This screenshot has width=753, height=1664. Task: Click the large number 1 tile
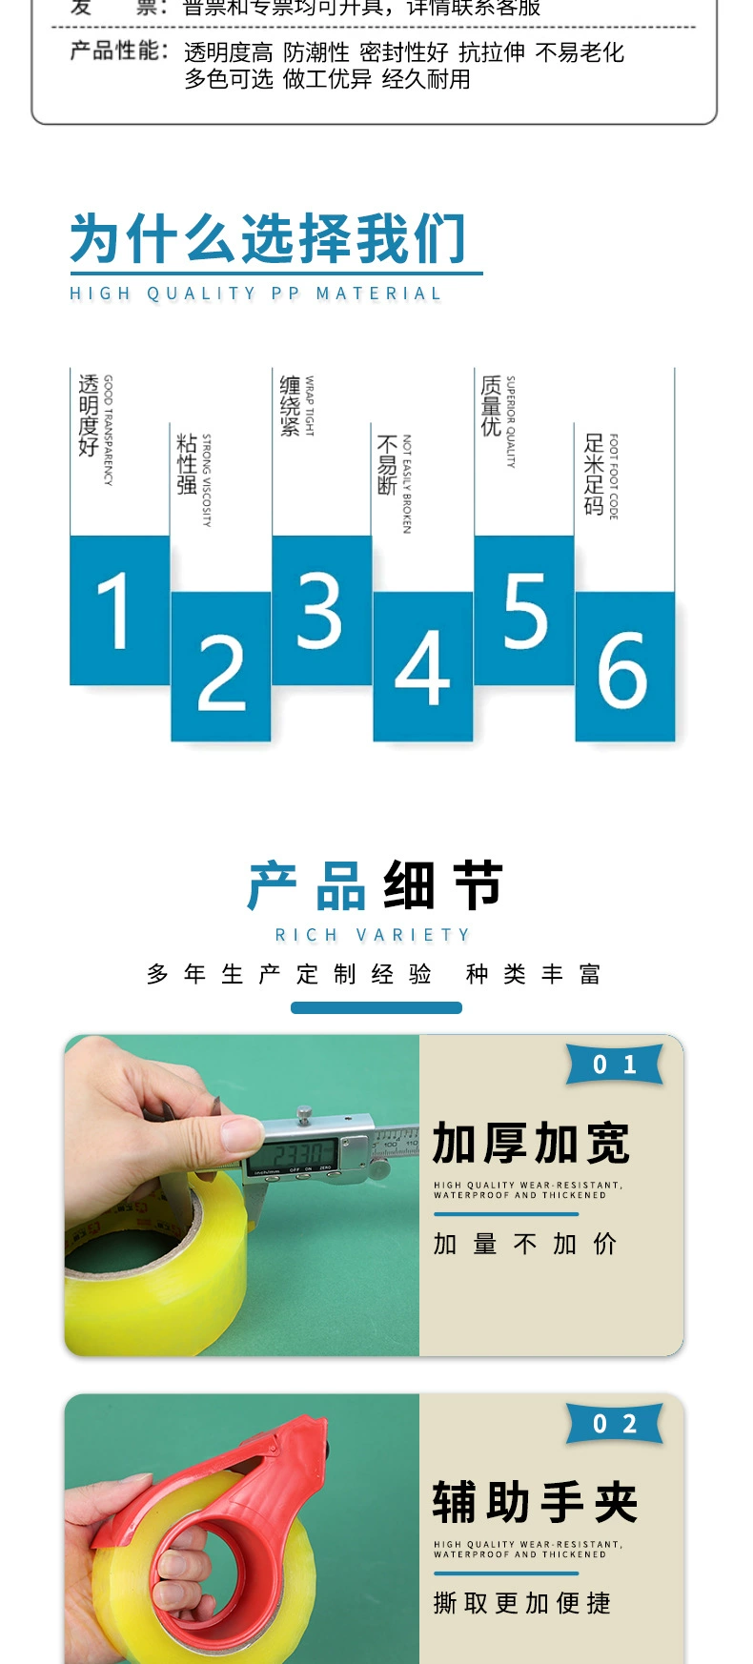(119, 610)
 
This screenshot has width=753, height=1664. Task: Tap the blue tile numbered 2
(221, 667)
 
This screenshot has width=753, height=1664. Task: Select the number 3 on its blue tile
(321, 610)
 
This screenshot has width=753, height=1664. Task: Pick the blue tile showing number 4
(422, 667)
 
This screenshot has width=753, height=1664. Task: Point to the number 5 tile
(524, 610)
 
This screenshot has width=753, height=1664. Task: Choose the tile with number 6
(624, 667)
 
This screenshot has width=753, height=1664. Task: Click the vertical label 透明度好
(89, 416)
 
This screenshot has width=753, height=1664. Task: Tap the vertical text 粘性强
(187, 464)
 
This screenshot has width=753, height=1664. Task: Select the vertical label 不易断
(387, 465)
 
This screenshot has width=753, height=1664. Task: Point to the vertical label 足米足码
(594, 474)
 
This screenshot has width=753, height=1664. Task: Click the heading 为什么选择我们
(268, 238)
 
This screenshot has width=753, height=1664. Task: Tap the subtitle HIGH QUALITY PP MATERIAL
(255, 294)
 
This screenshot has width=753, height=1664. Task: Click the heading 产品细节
(376, 885)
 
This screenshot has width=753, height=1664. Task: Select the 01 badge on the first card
(615, 1065)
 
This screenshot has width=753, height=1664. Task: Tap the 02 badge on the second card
(615, 1424)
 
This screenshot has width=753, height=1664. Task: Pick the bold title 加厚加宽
(531, 1144)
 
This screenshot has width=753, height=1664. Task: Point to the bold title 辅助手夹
(535, 1503)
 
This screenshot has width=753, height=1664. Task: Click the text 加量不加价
(525, 1244)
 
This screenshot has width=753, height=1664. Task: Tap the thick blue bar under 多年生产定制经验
(376, 1007)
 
